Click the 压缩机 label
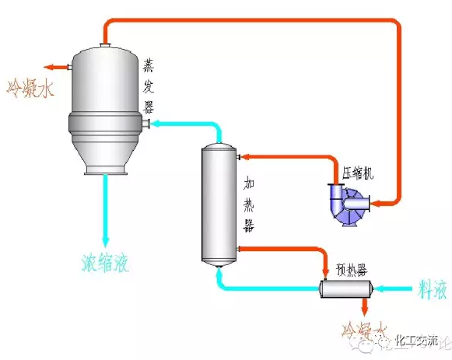coord(358,173)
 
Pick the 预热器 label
coord(352,270)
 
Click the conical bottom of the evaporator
coord(105,156)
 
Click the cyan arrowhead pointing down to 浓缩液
coord(106,237)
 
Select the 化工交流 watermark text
coord(417,340)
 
